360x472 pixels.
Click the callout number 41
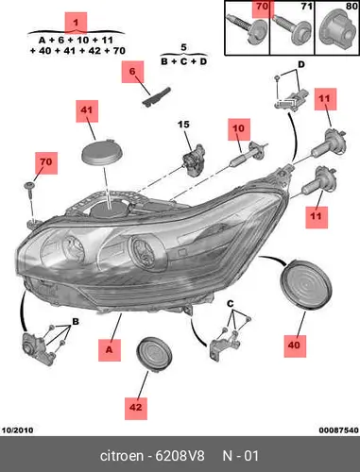pos(87,110)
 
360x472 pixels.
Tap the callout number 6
pos(132,71)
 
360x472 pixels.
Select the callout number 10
pos(238,128)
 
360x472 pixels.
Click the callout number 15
pos(183,125)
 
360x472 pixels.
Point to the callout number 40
pos(294,346)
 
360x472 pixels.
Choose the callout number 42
pos(136,408)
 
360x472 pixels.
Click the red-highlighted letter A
pos(109,349)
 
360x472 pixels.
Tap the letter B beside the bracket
pos(76,322)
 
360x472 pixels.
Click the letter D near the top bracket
pos(301,64)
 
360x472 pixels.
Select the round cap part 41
pos(102,153)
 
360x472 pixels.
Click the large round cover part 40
pos(306,285)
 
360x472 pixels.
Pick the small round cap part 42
pos(154,355)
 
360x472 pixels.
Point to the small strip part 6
pos(157,96)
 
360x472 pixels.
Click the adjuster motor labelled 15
pos(194,160)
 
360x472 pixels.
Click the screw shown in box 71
pos(291,29)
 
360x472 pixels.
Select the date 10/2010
pos(18,430)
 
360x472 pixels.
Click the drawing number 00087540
pos(338,430)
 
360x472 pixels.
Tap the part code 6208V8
pos(180,456)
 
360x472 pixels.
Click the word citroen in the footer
pos(122,456)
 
